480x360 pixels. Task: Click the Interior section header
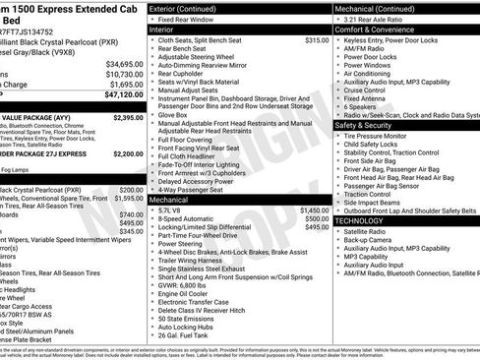point(162,30)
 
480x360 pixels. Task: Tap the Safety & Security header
point(364,125)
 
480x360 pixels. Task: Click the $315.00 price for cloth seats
point(317,40)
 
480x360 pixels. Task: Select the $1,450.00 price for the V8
point(315,210)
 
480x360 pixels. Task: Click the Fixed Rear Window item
point(185,19)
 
